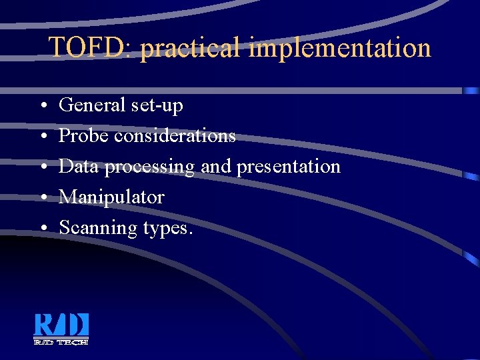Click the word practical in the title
tap(191, 48)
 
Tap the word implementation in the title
tap(339, 48)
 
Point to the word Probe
tap(83, 136)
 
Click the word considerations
tap(175, 136)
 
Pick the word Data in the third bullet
tap(79, 167)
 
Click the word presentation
tap(288, 167)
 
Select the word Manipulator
tap(111, 197)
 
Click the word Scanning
tap(98, 228)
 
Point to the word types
tap(167, 229)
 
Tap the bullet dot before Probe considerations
tap(42, 137)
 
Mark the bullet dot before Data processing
tap(42, 167)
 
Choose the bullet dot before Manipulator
tap(42, 198)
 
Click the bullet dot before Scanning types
tap(42, 229)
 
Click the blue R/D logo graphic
tap(61, 325)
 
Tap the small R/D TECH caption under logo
tap(61, 341)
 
